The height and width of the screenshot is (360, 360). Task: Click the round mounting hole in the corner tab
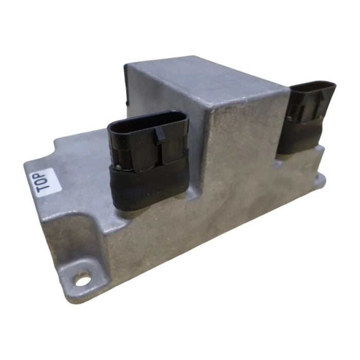coord(82,280)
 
